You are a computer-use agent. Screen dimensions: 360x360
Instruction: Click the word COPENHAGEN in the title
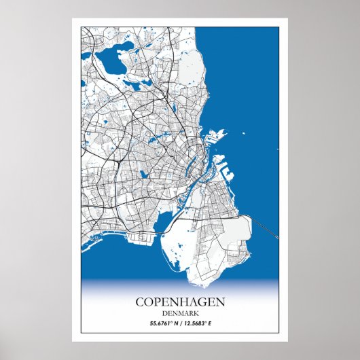coord(180,301)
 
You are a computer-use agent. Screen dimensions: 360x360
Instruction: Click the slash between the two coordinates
coord(180,323)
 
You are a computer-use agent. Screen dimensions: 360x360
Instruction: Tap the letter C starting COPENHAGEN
coord(140,301)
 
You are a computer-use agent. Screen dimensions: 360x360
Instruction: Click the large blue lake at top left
coord(109,60)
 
